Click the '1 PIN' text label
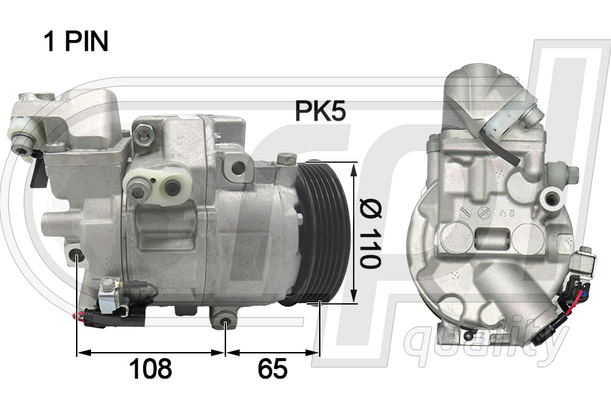click(75, 42)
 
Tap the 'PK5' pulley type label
click(320, 111)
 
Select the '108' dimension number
click(150, 369)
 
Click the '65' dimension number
click(272, 369)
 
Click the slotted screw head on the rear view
click(484, 213)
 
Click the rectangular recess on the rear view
click(492, 239)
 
